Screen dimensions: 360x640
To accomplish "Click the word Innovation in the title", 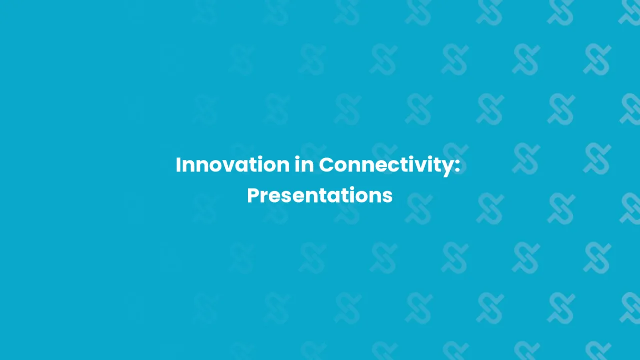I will (x=232, y=165).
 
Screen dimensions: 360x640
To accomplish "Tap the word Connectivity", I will (x=384, y=165).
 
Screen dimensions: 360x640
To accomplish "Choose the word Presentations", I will (x=320, y=195).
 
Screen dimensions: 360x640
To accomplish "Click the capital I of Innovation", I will (x=178, y=165).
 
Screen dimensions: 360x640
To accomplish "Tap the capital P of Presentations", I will (x=253, y=195).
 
